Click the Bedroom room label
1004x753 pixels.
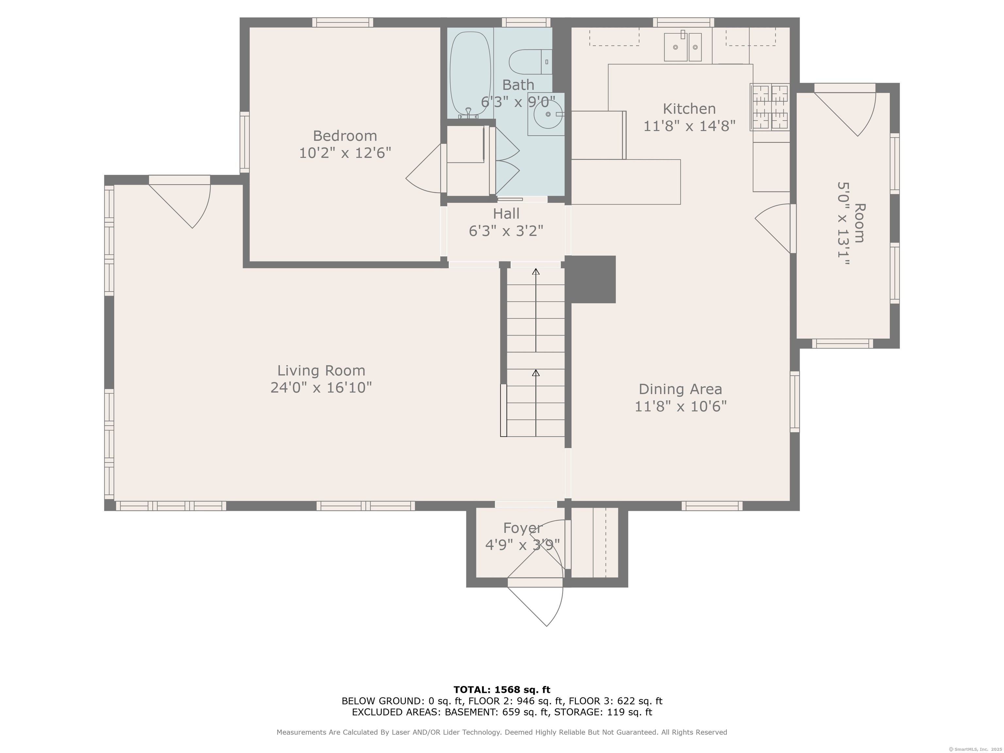(345, 136)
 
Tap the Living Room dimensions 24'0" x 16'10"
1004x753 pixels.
(321, 388)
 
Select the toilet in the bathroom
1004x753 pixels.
(530, 62)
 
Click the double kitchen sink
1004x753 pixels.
(683, 47)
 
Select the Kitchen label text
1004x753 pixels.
(689, 109)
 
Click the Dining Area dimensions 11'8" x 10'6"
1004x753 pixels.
(680, 406)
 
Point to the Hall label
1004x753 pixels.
(506, 213)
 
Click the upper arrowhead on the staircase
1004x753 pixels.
(536, 271)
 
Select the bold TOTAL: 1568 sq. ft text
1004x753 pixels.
(502, 690)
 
